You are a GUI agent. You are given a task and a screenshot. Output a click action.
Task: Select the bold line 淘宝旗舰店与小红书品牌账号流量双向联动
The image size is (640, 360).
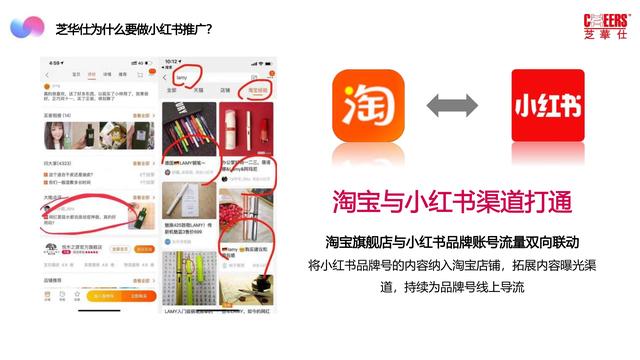pyautogui.click(x=452, y=243)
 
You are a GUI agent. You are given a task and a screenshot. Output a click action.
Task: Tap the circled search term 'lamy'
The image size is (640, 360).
pyautogui.click(x=181, y=75)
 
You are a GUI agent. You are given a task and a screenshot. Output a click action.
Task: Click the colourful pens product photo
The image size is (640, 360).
pyautogui.click(x=189, y=129)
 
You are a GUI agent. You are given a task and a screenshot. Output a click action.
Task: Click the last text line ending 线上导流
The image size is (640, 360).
pyautogui.click(x=452, y=287)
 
